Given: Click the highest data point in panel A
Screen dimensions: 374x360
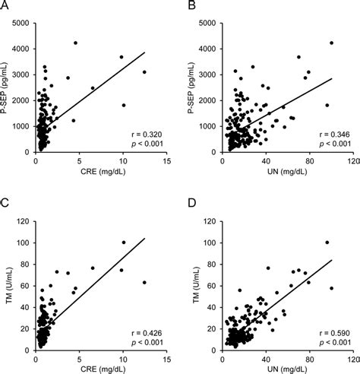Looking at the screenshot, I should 76,43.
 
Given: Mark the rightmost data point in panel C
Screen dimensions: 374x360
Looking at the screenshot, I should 144,282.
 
